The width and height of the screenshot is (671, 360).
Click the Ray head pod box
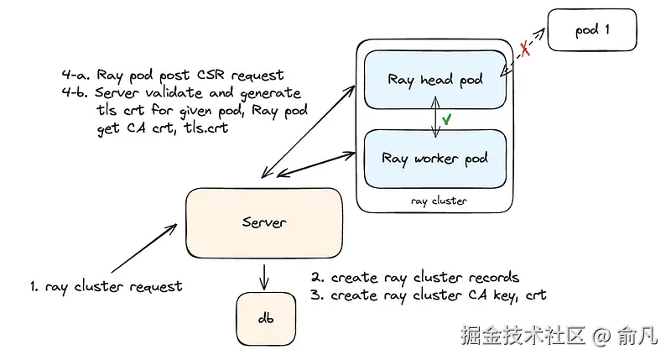click(435, 81)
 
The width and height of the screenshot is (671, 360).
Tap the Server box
click(264, 222)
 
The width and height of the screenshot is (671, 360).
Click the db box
click(265, 320)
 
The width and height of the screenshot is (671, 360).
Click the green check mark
click(448, 120)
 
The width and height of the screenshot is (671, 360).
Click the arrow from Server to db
click(265, 275)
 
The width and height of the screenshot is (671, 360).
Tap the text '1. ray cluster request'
click(106, 286)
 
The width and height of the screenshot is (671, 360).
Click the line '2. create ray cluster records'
click(415, 277)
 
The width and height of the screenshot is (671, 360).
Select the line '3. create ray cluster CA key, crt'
click(429, 295)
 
